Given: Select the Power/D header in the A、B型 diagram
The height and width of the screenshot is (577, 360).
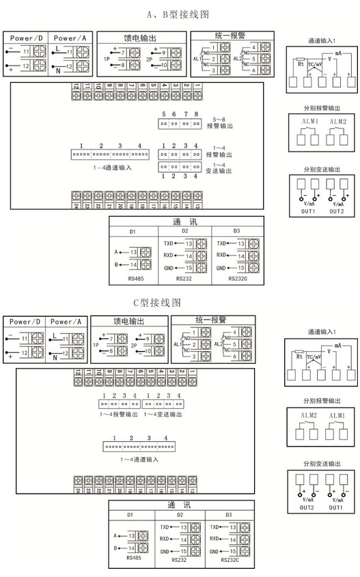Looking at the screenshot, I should [26, 38].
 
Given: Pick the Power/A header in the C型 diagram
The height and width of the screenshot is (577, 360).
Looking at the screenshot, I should [69, 322].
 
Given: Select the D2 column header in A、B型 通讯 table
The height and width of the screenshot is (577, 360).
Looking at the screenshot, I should [184, 231].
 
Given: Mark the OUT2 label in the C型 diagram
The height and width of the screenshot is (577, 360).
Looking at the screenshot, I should [306, 507].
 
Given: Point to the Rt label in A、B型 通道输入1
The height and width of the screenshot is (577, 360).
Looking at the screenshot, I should [301, 66].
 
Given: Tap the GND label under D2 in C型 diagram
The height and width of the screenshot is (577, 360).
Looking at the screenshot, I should [165, 550].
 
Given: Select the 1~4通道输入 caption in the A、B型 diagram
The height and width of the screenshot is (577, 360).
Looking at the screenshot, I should [112, 166].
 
